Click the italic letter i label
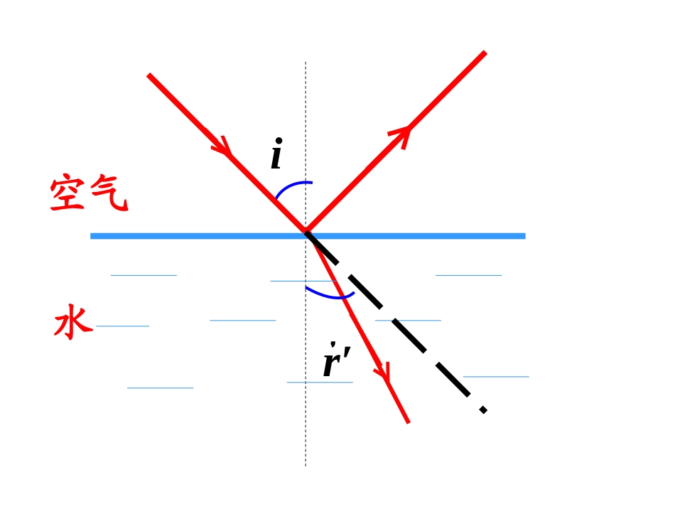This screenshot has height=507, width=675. click(x=277, y=154)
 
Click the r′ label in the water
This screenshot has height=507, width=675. click(x=337, y=359)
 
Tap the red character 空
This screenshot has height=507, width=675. click(x=67, y=193)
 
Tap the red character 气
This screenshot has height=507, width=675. click(x=109, y=193)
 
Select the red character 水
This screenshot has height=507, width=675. click(x=73, y=322)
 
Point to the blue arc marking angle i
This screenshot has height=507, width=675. click(x=291, y=187)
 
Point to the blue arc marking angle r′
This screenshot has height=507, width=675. click(x=329, y=295)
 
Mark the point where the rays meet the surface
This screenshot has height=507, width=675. click(x=306, y=233)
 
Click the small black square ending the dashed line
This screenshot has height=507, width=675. click(x=483, y=410)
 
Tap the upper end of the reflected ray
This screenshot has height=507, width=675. click(x=485, y=53)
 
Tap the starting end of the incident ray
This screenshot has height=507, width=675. click(x=148, y=75)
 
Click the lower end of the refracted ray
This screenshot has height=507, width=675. click(x=408, y=422)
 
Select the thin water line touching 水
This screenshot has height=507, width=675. click(x=122, y=326)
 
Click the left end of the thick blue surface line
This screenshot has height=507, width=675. click(x=91, y=236)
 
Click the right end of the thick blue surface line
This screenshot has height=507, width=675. click(x=525, y=236)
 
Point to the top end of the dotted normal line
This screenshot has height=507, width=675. click(x=306, y=62)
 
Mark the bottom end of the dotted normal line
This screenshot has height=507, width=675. click(x=306, y=466)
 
